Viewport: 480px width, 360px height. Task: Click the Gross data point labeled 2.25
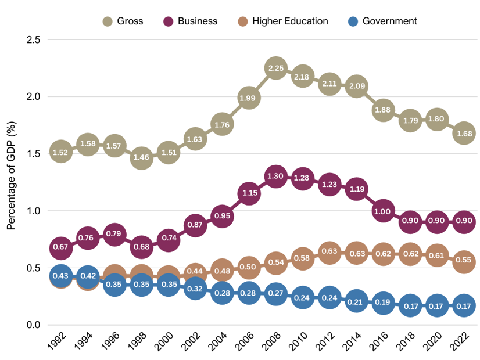coord(275,68)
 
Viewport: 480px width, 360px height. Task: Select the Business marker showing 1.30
coord(275,177)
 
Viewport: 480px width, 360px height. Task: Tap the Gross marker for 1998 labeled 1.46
coord(141,158)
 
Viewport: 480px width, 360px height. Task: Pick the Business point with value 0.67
coord(60,248)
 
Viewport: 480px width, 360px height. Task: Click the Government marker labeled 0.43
coord(60,276)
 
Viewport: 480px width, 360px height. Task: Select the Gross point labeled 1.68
coord(464,133)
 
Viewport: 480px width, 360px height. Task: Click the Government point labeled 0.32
coord(195,289)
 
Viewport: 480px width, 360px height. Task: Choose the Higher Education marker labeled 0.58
coord(302,258)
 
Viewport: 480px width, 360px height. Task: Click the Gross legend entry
coord(122,21)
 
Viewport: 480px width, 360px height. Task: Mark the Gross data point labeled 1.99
coord(248,98)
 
